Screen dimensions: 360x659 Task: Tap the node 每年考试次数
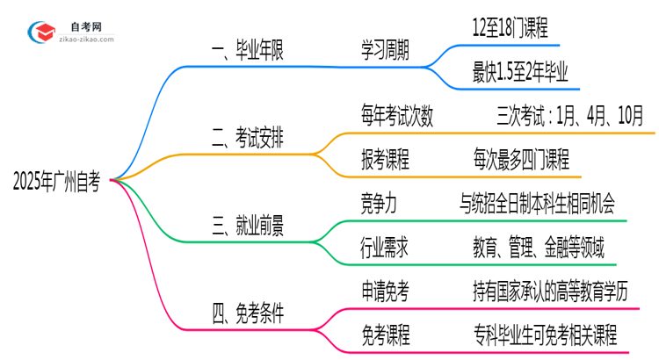click(x=396, y=116)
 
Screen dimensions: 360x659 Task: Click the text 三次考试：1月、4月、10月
click(x=569, y=116)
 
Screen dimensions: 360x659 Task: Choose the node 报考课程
click(x=385, y=160)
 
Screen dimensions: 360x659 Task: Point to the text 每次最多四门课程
click(x=520, y=160)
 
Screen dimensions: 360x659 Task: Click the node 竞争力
click(x=379, y=204)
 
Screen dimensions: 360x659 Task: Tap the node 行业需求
click(x=385, y=247)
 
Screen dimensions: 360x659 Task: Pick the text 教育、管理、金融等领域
click(x=537, y=247)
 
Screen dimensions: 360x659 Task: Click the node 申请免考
click(x=385, y=291)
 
